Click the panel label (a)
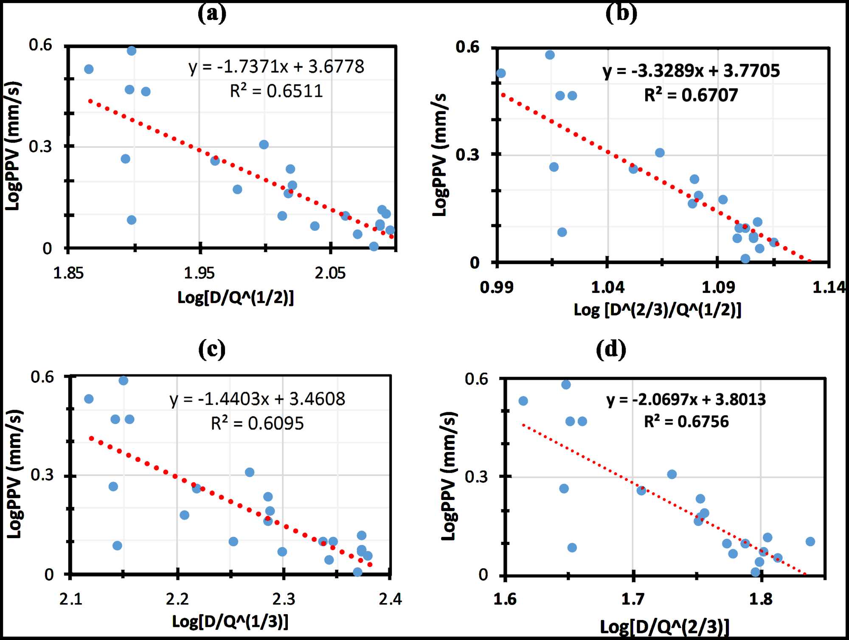click(212, 14)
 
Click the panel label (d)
click(610, 349)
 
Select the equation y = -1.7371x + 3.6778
click(276, 67)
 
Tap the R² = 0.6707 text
click(691, 95)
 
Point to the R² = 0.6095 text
click(257, 424)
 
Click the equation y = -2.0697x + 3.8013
click(686, 400)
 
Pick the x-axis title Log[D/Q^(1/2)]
click(236, 298)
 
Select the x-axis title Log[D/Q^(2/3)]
click(664, 626)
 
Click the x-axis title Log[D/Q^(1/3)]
click(230, 621)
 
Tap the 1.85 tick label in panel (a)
click(68, 273)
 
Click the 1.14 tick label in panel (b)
click(828, 288)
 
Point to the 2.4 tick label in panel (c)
click(390, 599)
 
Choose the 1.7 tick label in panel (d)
click(633, 599)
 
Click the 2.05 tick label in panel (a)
click(330, 273)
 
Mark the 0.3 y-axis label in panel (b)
click(467, 154)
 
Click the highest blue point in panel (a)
click(132, 51)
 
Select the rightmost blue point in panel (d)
click(810, 542)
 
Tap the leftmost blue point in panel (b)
click(501, 73)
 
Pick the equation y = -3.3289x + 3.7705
click(691, 71)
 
